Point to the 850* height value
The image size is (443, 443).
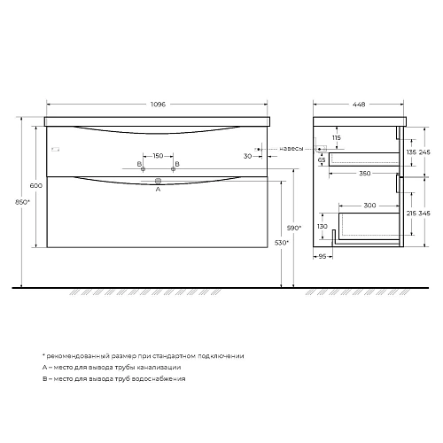(23, 202)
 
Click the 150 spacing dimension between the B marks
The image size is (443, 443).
(158, 156)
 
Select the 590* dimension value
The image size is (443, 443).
(294, 229)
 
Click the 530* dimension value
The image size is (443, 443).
(282, 241)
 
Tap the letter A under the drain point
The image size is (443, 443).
(158, 189)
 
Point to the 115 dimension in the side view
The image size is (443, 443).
(338, 137)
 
